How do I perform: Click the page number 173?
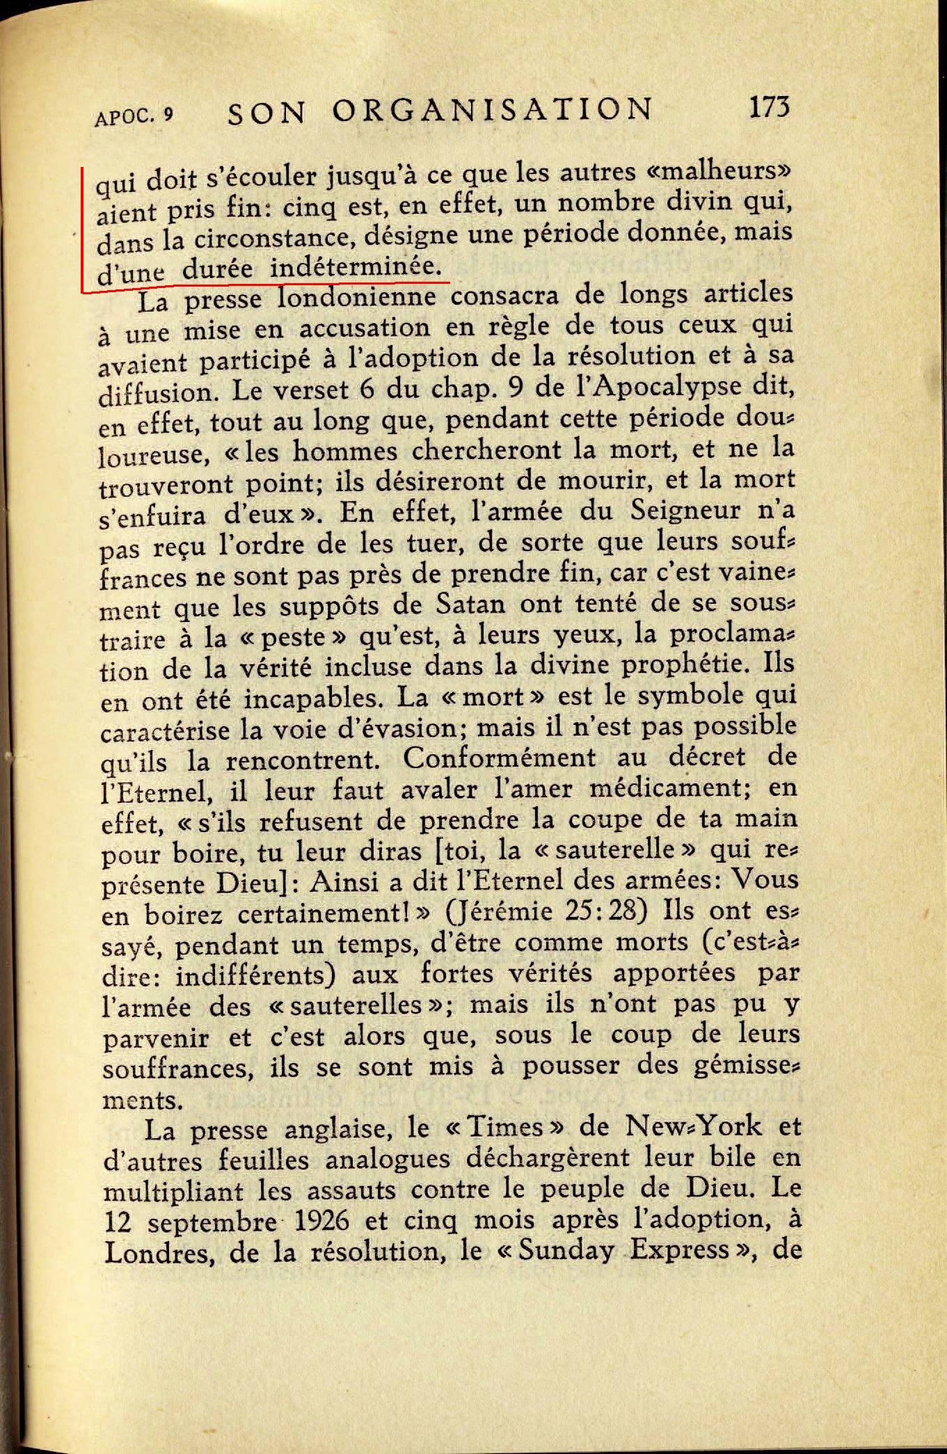[769, 108]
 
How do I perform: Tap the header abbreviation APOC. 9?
[133, 116]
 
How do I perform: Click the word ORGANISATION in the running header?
[493, 111]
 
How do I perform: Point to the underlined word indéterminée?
[356, 267]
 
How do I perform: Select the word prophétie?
[686, 664]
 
